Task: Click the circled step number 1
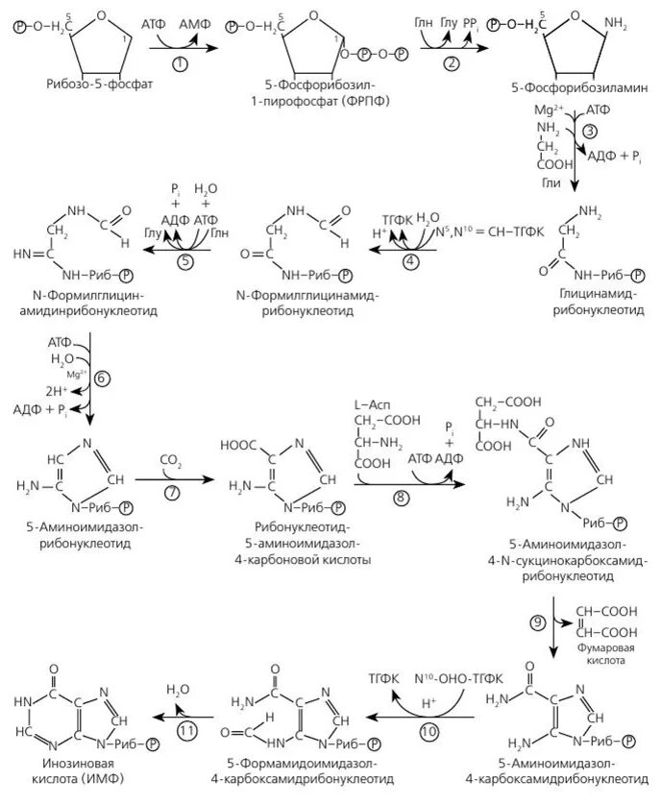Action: click(x=179, y=62)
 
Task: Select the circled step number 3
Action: click(x=591, y=130)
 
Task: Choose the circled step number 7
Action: click(x=172, y=493)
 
